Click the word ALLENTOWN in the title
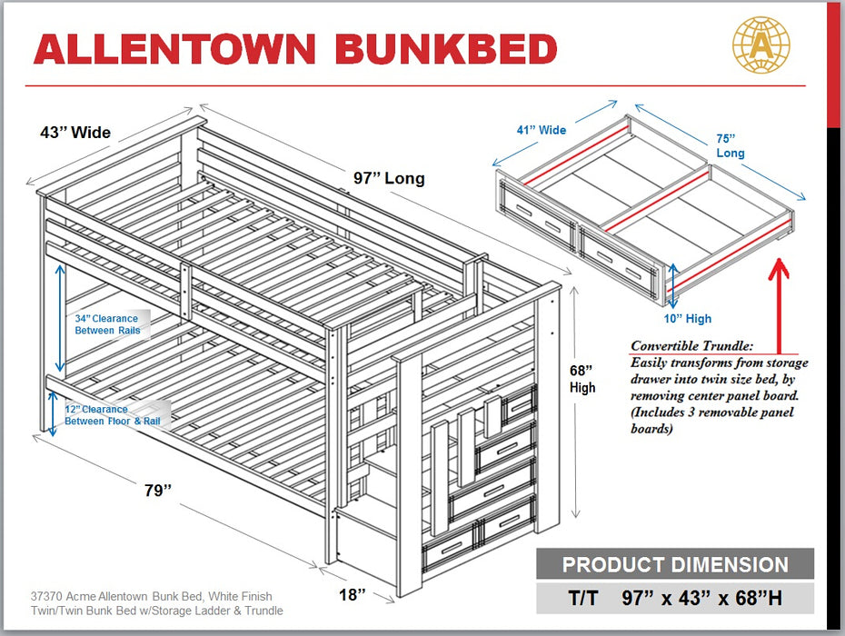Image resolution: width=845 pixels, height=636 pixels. pyautogui.click(x=175, y=49)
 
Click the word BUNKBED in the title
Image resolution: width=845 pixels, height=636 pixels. pyautogui.click(x=445, y=49)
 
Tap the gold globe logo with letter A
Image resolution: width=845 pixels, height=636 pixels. pyautogui.click(x=760, y=45)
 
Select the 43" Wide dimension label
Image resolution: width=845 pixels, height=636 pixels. pyautogui.click(x=75, y=133)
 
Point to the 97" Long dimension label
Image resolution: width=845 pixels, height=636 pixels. pyautogui.click(x=389, y=178)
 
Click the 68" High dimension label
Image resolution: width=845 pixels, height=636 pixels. pyautogui.click(x=582, y=379)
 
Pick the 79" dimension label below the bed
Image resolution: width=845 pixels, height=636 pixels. pyautogui.click(x=157, y=491)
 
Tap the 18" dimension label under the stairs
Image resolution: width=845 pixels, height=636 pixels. pyautogui.click(x=352, y=594)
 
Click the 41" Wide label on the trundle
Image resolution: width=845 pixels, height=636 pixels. pyautogui.click(x=541, y=130)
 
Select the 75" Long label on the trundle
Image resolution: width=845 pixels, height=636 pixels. pyautogui.click(x=729, y=146)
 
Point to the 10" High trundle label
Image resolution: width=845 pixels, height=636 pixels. pyautogui.click(x=687, y=319)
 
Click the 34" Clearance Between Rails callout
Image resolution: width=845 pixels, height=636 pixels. pyautogui.click(x=106, y=324)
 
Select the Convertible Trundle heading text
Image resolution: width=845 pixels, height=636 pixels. pyautogui.click(x=691, y=346)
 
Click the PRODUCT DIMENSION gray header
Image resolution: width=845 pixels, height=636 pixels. pyautogui.click(x=674, y=564)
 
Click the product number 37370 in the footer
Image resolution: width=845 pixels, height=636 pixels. pyautogui.click(x=46, y=597)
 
